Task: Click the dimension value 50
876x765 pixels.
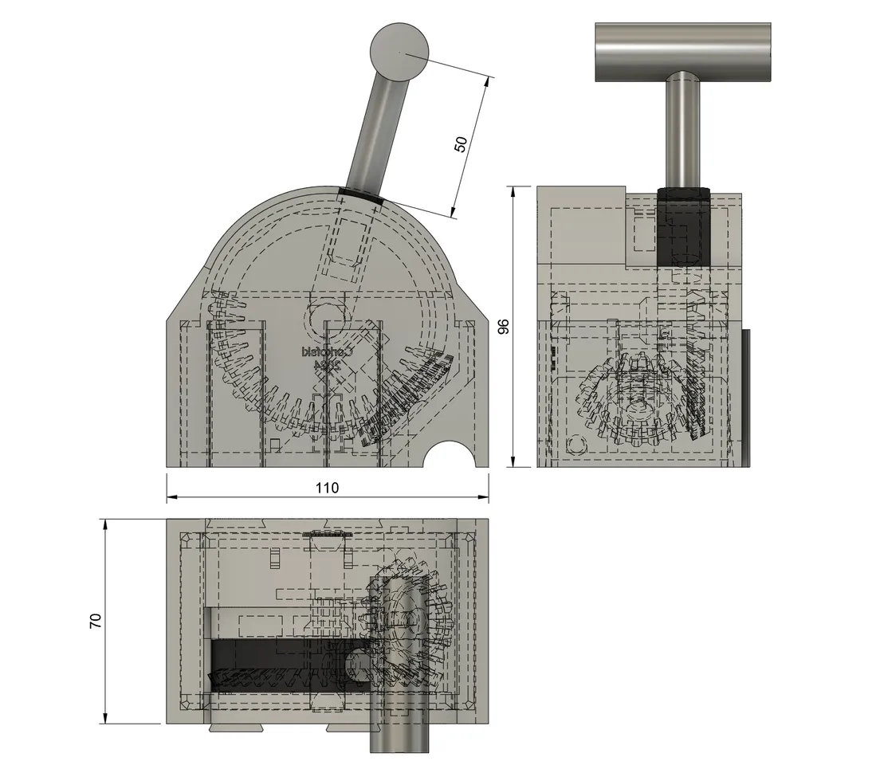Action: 461,144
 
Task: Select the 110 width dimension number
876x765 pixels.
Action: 327,488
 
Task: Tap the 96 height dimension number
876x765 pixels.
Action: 503,327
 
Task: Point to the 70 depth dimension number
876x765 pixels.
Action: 96,622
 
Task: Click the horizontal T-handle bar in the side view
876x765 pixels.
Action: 683,53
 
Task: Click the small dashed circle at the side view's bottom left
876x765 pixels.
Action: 576,443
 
